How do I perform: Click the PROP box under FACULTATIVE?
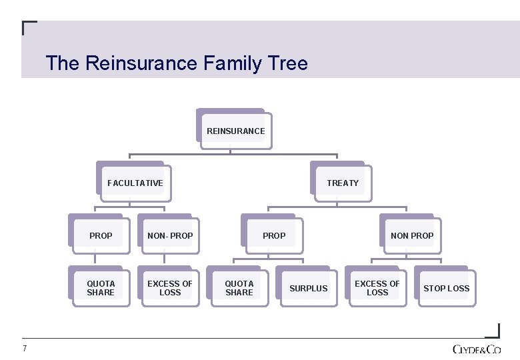101,235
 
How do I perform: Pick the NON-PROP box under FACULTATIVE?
169,235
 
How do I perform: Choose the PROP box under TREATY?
273,235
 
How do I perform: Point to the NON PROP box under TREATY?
411,235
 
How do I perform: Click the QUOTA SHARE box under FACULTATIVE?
101,287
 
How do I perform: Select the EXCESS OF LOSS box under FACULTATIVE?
169,287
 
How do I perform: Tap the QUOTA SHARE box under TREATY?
239,287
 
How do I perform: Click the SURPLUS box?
308,288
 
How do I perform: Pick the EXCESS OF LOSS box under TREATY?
377,287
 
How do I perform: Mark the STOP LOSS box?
446,288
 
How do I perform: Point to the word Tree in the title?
287,64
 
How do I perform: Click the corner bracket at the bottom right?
493,331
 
